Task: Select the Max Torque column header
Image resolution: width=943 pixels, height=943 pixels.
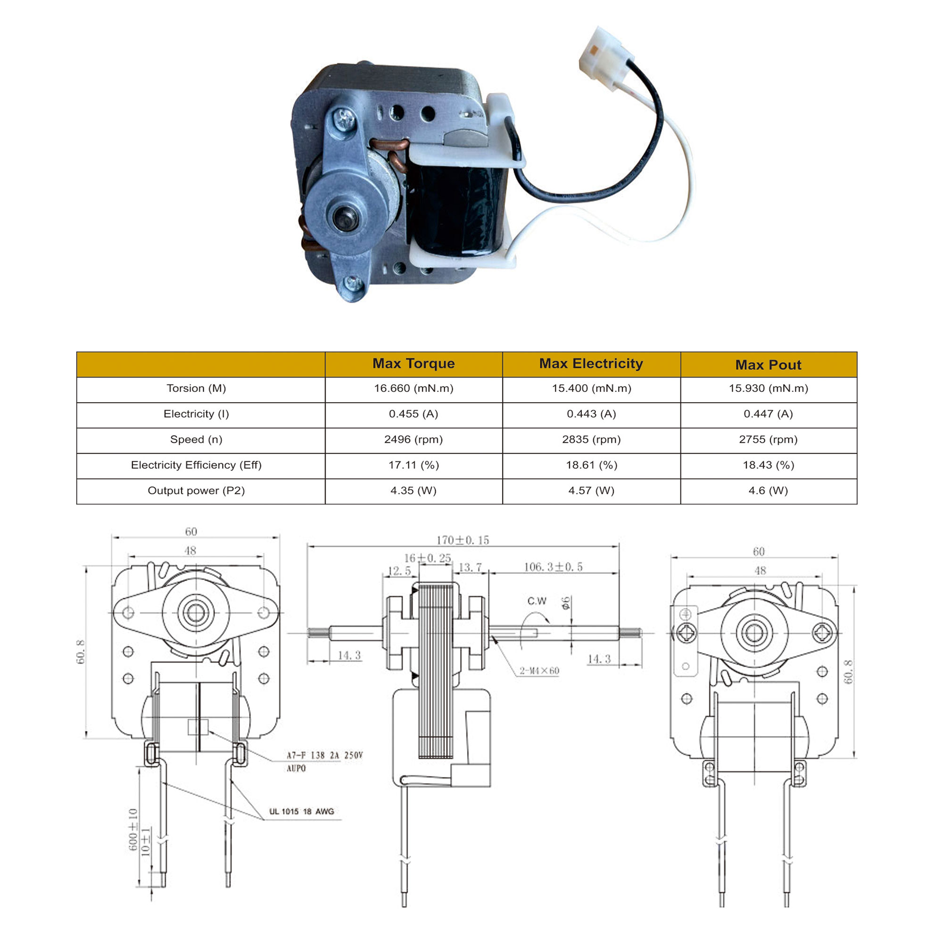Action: (414, 364)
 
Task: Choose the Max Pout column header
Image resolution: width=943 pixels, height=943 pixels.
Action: (768, 364)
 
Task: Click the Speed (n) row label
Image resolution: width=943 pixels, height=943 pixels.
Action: (196, 439)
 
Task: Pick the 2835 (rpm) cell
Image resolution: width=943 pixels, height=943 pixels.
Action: (591, 439)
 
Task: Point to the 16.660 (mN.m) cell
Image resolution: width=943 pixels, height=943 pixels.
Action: (414, 389)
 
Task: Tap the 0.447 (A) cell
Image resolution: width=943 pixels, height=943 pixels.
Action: (768, 414)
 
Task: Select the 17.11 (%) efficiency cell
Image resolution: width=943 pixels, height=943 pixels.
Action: (414, 465)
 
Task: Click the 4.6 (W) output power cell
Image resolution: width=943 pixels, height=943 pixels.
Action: (768, 490)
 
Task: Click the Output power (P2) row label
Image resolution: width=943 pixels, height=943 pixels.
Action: (196, 490)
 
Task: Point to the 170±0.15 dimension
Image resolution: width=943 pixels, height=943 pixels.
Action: (462, 540)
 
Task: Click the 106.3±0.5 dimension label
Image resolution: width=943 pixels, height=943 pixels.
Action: (553, 567)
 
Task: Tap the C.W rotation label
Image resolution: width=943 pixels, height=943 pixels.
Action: (537, 601)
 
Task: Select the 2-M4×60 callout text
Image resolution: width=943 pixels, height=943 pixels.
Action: (539, 670)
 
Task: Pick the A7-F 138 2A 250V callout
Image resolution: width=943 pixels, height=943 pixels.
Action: (324, 755)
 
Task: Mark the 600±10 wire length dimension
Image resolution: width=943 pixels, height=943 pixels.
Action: (133, 830)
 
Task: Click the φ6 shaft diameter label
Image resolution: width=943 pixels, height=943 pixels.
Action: (566, 603)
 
